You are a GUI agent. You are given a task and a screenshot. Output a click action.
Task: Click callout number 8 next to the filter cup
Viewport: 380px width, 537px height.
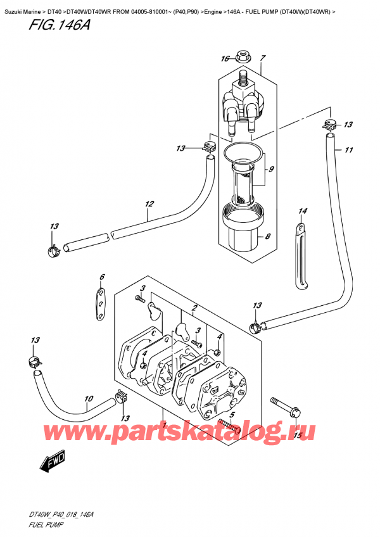point(269,237)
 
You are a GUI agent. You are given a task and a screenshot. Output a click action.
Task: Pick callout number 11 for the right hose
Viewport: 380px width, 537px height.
point(348,151)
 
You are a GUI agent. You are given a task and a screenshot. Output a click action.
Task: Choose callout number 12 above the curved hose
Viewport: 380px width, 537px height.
point(149,204)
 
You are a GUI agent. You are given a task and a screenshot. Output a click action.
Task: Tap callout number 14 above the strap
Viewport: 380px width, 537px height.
point(303,211)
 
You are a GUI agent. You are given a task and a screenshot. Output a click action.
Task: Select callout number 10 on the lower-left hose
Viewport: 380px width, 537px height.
point(89,400)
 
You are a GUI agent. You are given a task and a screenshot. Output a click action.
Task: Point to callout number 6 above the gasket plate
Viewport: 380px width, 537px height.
point(101,277)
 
